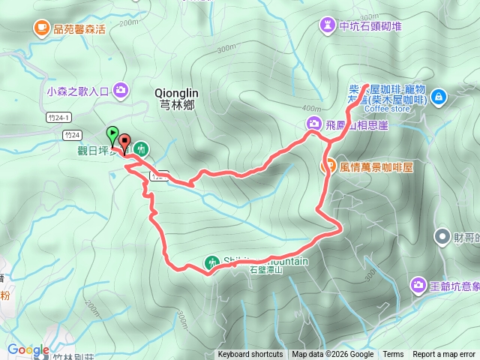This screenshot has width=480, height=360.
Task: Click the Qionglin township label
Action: coord(175,98)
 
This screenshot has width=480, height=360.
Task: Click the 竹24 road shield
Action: coord(72,135)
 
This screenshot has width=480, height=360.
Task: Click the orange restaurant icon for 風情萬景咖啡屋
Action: coord(328,166)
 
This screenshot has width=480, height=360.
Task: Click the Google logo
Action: coord(28,350)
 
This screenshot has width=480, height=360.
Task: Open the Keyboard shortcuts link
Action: coord(250,355)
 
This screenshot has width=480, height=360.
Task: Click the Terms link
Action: coord(393,355)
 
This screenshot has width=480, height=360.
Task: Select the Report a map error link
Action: coord(445,355)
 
